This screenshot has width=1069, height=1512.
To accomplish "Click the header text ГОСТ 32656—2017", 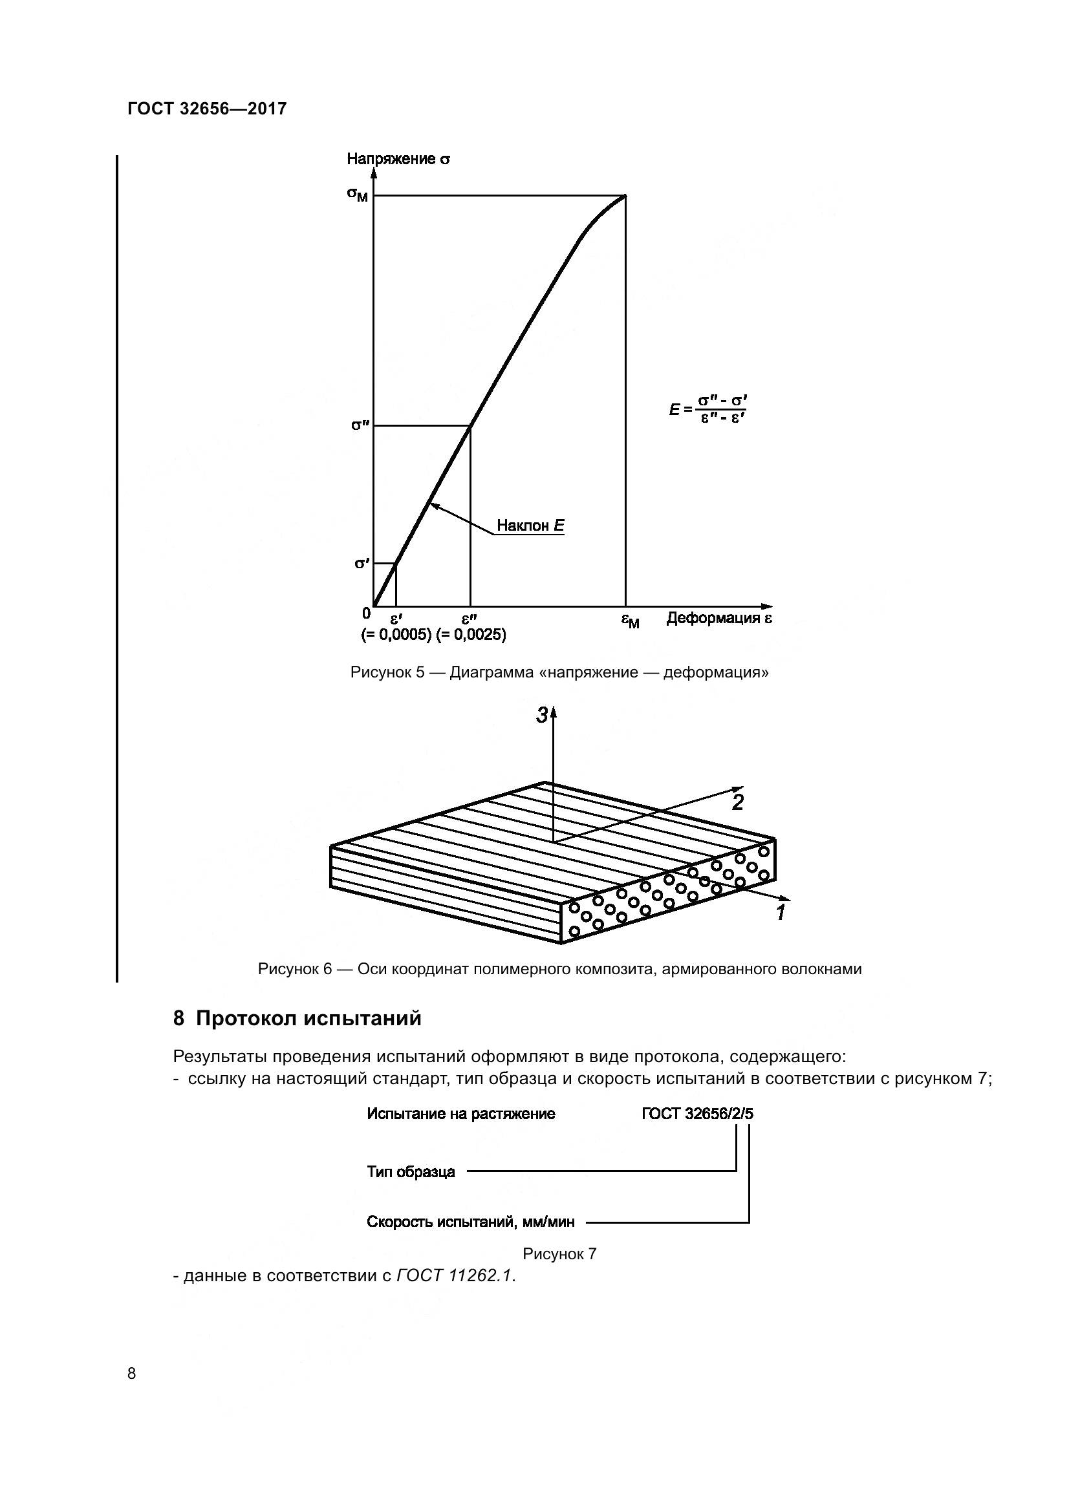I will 207,109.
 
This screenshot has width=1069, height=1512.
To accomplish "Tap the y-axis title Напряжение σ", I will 398,159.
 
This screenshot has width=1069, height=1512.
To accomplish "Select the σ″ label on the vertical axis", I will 359,425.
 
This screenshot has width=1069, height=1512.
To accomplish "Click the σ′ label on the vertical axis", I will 362,563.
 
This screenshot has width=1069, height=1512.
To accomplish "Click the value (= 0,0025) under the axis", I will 471,635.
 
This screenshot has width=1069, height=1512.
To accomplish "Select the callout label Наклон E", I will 530,526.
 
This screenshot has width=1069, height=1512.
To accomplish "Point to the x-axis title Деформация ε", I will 718,618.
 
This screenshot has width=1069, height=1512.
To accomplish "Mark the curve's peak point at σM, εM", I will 625,196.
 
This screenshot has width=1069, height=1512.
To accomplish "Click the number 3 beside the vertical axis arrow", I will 541,715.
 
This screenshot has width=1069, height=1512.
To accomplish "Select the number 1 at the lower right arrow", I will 781,913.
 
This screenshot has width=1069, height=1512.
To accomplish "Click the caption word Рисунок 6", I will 295,969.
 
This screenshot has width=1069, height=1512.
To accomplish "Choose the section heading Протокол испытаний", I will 308,1018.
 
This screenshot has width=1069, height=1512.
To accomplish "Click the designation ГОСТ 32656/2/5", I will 697,1114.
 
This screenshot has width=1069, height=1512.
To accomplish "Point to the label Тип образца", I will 411,1171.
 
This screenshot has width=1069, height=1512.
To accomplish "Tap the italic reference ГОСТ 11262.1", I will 455,1275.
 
